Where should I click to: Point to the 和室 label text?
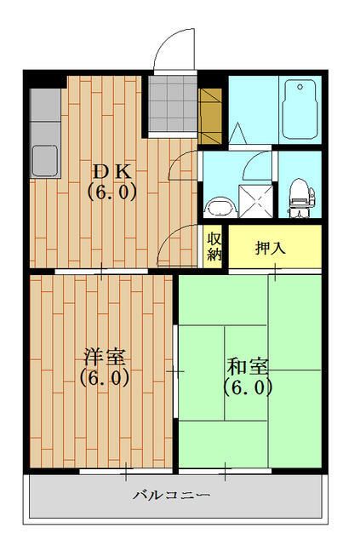pos(248,367)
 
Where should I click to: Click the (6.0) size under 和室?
pos(248,387)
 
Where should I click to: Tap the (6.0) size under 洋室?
pos(104,378)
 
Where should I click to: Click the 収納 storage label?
pos(213,245)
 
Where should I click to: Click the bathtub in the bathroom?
pos(300,112)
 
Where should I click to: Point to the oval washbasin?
pos(220,207)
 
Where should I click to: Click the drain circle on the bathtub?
pos(300,86)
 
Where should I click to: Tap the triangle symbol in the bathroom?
pos(237,135)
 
